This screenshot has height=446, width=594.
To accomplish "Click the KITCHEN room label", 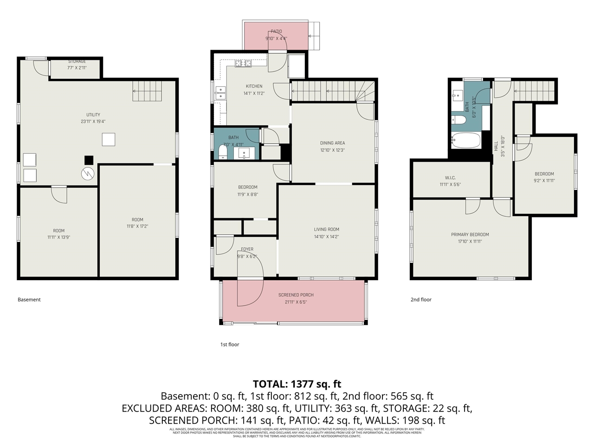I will (x=254, y=86).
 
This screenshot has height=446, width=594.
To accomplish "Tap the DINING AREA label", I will (x=332, y=143).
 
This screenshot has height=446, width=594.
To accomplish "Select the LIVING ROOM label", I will (x=326, y=230).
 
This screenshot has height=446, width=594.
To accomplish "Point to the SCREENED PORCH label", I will (x=296, y=295).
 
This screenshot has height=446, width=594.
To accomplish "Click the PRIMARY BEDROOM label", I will (x=470, y=235).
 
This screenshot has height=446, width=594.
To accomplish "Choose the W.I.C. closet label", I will (x=450, y=178).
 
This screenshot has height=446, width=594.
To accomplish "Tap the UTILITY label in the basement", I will (x=93, y=115).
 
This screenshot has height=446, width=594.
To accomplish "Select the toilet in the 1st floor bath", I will (x=223, y=152).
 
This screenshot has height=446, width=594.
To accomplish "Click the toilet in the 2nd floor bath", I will (x=459, y=120).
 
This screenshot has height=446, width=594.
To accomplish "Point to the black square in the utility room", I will (x=89, y=160).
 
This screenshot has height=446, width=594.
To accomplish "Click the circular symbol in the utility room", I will (x=88, y=174).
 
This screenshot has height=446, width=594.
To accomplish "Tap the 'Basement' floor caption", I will (x=29, y=300).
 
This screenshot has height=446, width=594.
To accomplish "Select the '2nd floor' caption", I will (x=421, y=300).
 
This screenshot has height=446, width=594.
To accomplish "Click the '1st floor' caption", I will (x=230, y=345).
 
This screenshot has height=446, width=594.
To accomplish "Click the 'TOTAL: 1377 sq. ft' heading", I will (x=297, y=384).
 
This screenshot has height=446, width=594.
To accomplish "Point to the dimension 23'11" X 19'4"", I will (x=93, y=122).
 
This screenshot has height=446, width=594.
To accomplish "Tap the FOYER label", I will (x=247, y=249).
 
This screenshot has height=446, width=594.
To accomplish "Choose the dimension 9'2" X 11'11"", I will (x=544, y=181).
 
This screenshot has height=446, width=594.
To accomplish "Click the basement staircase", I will (x=148, y=91).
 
